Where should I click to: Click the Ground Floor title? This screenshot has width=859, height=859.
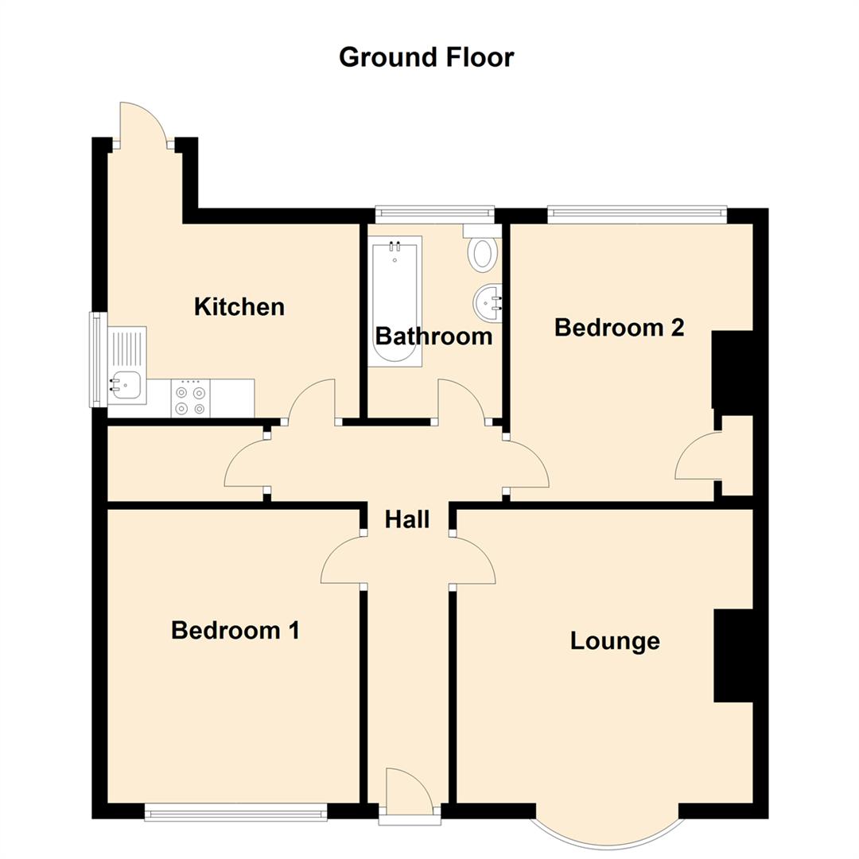426,57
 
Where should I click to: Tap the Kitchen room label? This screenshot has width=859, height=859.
239,306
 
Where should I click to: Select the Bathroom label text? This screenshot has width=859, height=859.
433,336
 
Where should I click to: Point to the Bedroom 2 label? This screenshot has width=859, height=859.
619,327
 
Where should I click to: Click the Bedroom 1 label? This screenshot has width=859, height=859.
235,631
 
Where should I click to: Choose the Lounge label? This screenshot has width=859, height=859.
615,641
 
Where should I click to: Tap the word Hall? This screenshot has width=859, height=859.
407,519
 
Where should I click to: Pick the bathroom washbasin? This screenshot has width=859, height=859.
488,302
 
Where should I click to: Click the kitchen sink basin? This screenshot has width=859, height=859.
126,387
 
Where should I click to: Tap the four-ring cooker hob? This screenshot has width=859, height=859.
190,400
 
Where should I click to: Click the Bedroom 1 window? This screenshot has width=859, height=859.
235,812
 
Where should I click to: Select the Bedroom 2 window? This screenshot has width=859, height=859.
637,212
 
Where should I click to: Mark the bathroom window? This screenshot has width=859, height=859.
434,212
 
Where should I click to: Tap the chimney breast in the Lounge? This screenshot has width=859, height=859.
733,656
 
